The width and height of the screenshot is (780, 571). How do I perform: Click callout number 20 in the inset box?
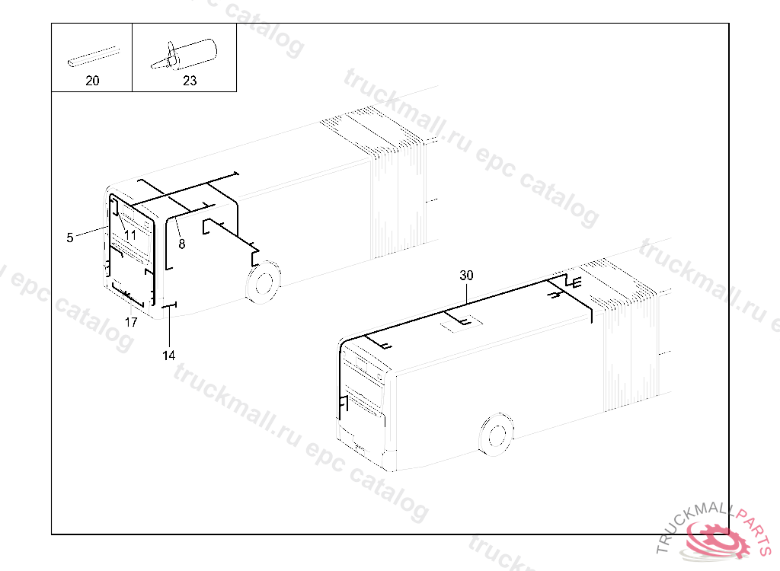[92, 81]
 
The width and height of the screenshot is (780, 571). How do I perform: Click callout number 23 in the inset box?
[190, 81]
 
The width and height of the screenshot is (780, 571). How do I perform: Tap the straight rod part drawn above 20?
[94, 56]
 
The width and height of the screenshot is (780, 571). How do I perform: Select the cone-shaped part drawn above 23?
[184, 54]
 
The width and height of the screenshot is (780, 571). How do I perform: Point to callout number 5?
[69, 238]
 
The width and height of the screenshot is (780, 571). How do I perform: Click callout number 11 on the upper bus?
[129, 235]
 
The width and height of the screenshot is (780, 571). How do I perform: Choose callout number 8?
[181, 244]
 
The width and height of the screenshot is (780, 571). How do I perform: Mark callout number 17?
[131, 322]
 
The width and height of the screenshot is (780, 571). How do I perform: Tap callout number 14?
[168, 355]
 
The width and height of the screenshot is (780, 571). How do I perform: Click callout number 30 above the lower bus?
[466, 275]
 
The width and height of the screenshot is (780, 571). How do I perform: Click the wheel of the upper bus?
[264, 282]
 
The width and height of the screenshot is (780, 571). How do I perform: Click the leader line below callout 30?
[466, 292]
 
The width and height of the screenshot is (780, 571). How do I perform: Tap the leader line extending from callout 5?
[92, 231]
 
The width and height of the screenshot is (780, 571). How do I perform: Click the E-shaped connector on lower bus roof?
[577, 283]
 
